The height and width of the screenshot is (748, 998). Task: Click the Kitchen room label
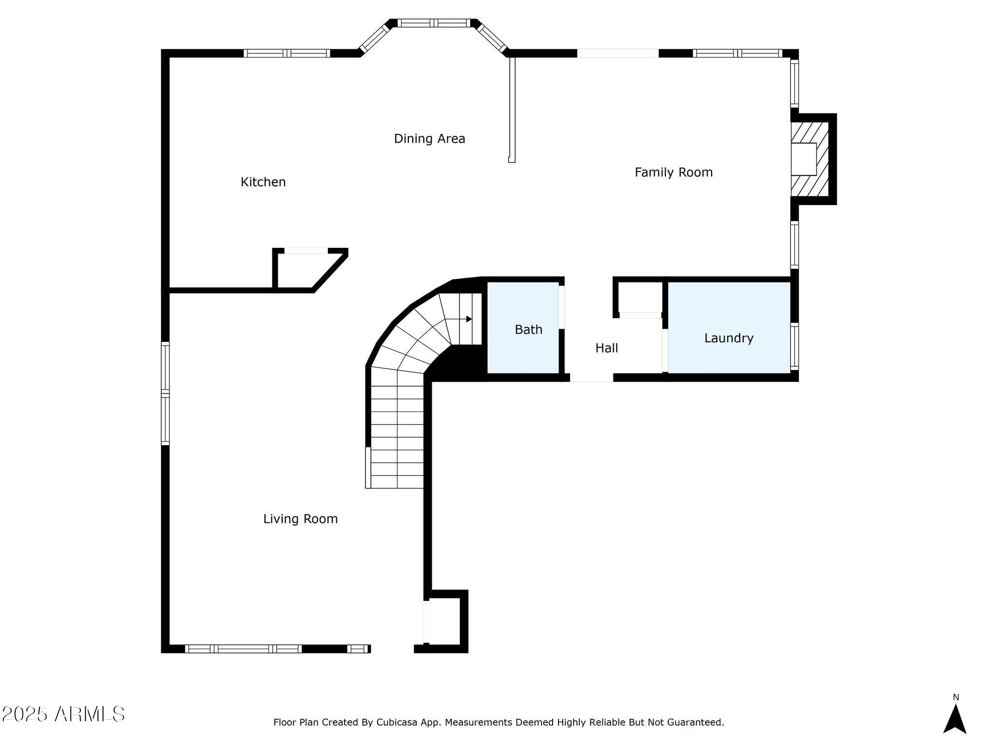tap(263, 182)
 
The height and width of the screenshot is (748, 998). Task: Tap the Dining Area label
tap(429, 139)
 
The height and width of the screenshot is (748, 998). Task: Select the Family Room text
tap(673, 172)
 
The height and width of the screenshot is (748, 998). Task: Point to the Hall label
tap(607, 348)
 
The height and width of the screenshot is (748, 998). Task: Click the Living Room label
tap(300, 519)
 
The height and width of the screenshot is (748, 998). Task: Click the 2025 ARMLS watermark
tap(63, 714)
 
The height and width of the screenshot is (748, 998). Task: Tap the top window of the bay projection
tap(434, 23)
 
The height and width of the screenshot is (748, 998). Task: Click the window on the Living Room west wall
tap(165, 393)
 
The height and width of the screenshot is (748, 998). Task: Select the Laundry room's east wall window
tap(794, 346)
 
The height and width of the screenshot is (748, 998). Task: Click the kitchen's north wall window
tap(287, 53)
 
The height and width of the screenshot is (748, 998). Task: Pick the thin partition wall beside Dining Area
tap(512, 110)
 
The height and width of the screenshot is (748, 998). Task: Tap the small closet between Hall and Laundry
tap(640, 297)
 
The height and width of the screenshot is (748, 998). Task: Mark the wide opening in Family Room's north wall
tap(618, 53)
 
